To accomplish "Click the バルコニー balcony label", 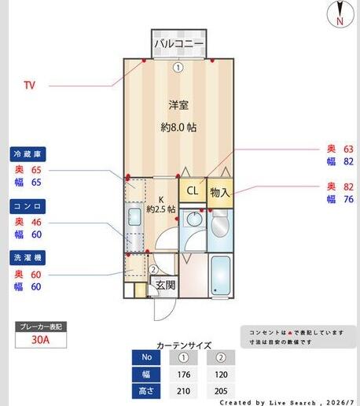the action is pyautogui.click(x=178, y=43).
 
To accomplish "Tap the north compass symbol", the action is pyautogui.click(x=340, y=13).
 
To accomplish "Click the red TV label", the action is pyautogui.click(x=29, y=85).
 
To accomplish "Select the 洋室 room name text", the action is pyautogui.click(x=178, y=105).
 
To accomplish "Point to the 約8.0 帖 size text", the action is pyautogui.click(x=178, y=127).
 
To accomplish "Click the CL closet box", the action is pyautogui.click(x=193, y=190).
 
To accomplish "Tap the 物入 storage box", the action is pyautogui.click(x=220, y=193).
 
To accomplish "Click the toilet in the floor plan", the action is pyautogui.click(x=220, y=223).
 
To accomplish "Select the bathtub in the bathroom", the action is pyautogui.click(x=221, y=275).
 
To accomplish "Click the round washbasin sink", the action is pyautogui.click(x=194, y=219).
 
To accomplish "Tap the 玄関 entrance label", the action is pyautogui.click(x=165, y=285).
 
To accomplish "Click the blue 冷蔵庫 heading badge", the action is pyautogui.click(x=28, y=154).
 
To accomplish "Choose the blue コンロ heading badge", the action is pyautogui.click(x=28, y=206).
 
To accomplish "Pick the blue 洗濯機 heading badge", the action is pyautogui.click(x=28, y=258).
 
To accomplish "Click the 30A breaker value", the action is pyautogui.click(x=41, y=340).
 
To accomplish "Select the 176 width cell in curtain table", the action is pyautogui.click(x=184, y=375).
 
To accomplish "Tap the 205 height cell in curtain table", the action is pyautogui.click(x=221, y=391).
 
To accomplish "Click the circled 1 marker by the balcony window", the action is pyautogui.click(x=178, y=68).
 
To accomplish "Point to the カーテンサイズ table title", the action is pyautogui.click(x=184, y=345).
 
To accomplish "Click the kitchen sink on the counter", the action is pyautogui.click(x=134, y=216).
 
